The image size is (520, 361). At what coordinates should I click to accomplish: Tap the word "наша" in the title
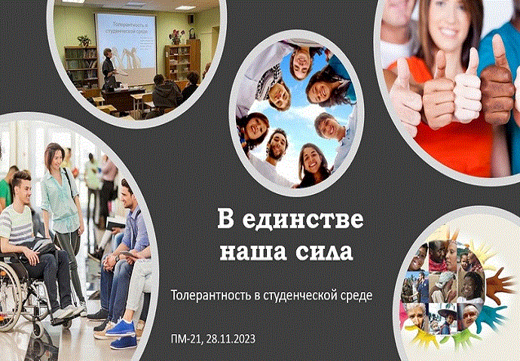(249, 250)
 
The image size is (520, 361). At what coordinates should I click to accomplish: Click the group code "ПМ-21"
(187, 339)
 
